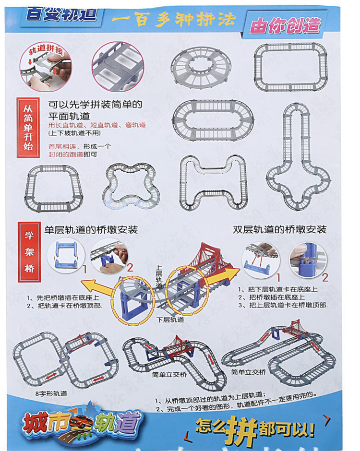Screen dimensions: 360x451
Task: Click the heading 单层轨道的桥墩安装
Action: point(91,229)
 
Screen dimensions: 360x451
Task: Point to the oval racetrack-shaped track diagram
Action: point(213,122)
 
